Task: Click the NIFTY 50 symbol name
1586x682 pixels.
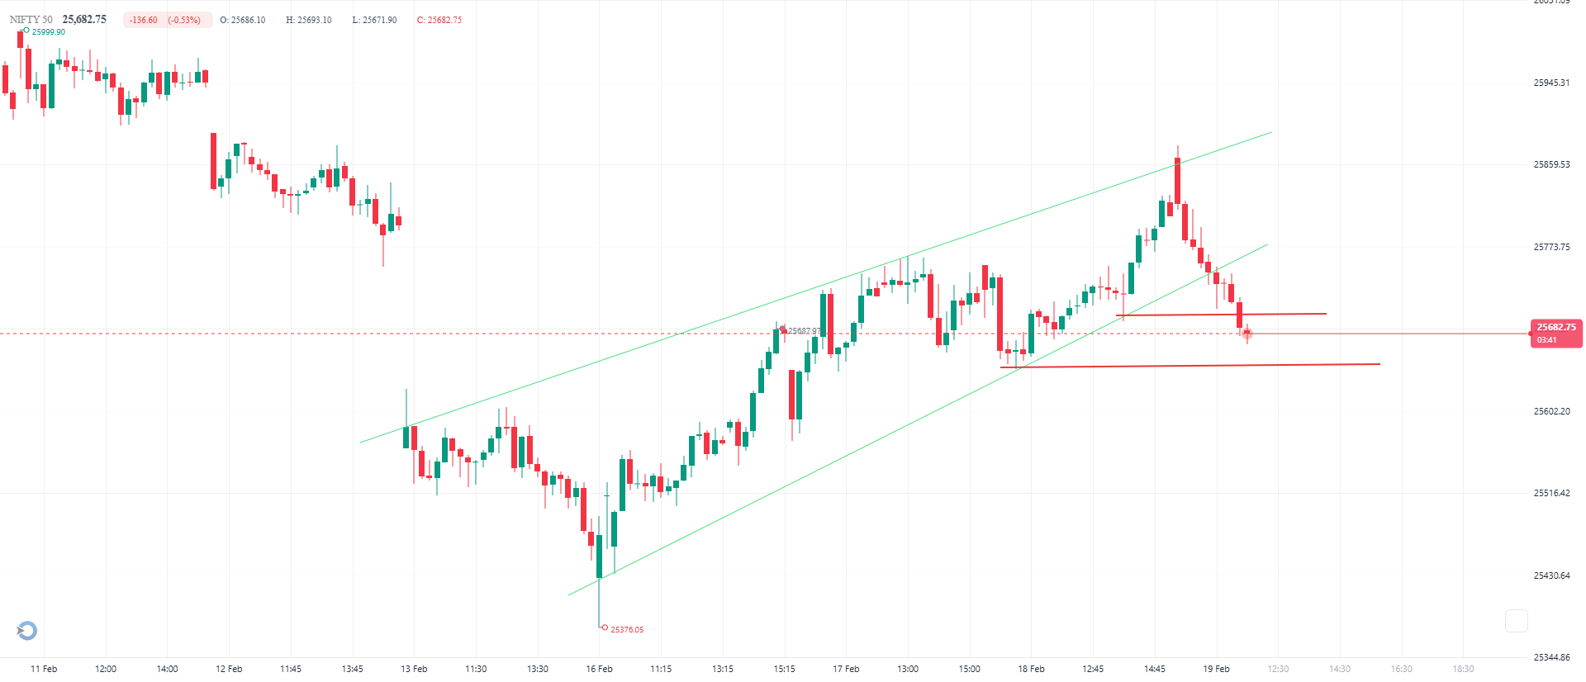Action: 31,20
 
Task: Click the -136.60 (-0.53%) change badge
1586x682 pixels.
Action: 166,20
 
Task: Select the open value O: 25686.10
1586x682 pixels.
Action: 243,20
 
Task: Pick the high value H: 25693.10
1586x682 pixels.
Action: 309,20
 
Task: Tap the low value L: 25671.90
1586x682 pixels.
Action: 374,20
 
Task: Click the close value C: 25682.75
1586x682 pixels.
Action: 439,20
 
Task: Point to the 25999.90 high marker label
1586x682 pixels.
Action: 49,32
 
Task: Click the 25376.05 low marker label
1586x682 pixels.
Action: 627,629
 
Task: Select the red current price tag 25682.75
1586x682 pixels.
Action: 1555,333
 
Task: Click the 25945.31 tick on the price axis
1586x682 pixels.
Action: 1551,83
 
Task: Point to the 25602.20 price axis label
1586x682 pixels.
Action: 1551,411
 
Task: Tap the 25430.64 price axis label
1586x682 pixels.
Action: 1551,575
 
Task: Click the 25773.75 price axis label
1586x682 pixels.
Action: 1551,247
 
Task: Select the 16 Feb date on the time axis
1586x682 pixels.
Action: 599,669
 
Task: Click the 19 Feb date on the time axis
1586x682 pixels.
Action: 1216,669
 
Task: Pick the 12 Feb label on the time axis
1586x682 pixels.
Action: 229,669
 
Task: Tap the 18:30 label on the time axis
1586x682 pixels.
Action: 1463,669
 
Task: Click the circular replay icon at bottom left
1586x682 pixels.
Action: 27,631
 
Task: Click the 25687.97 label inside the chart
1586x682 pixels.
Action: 804,331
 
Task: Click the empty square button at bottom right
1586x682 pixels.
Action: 1516,621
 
